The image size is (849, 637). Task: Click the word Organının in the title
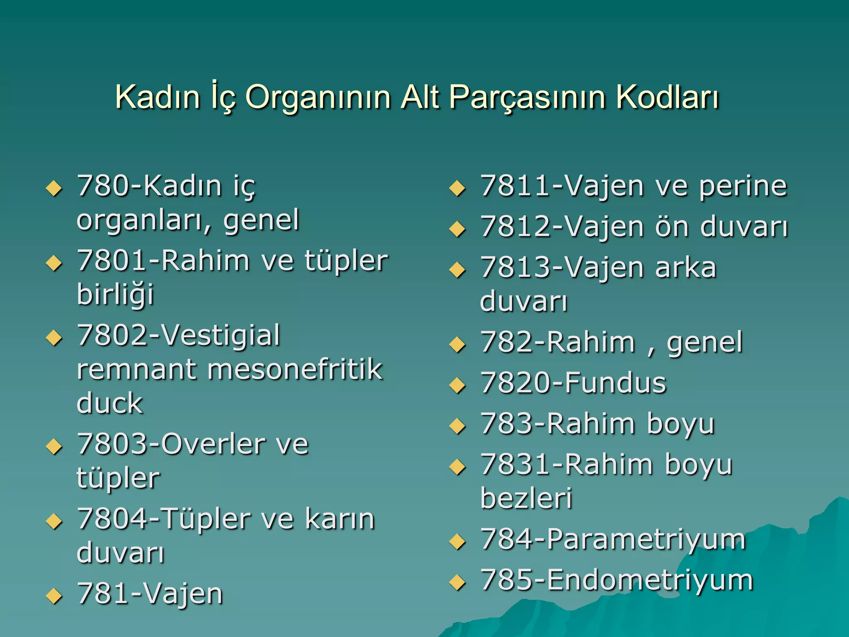click(x=318, y=97)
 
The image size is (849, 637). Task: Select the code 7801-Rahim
click(x=163, y=261)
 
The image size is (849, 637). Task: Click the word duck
click(x=109, y=403)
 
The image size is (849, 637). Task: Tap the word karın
click(x=340, y=519)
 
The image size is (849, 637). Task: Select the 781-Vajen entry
click(x=150, y=593)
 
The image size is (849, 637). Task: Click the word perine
click(x=743, y=186)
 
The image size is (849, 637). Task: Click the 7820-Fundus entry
click(x=573, y=383)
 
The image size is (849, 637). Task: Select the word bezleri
click(x=526, y=498)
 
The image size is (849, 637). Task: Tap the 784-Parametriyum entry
click(x=613, y=540)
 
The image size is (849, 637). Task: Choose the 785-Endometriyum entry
click(x=616, y=580)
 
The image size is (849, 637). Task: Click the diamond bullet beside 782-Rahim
click(x=457, y=344)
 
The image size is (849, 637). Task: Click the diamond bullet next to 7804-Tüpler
click(x=54, y=521)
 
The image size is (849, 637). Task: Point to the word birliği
click(x=115, y=295)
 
